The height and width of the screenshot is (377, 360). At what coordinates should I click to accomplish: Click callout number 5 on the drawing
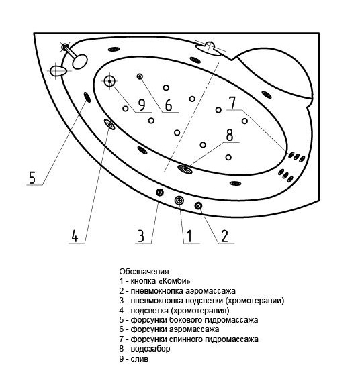[x=32, y=178]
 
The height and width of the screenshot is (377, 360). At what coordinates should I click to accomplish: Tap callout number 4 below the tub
[x=75, y=236]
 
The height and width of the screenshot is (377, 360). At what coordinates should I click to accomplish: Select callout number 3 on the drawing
[x=141, y=236]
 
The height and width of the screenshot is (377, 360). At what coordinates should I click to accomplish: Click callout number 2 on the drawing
[x=224, y=236]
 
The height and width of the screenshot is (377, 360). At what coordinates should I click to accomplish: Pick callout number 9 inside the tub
[x=142, y=105]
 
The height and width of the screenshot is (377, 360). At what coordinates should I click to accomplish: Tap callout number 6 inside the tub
[x=169, y=105]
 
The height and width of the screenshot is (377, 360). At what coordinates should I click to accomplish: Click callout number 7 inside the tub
[x=232, y=103]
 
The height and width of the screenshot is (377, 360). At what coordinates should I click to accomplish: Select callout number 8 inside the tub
[x=230, y=135]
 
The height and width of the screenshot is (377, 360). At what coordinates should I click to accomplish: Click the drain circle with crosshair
[x=109, y=81]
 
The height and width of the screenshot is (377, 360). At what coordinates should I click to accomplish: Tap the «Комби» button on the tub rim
[x=179, y=200]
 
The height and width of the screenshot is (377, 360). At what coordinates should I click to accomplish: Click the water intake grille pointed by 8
[x=185, y=169]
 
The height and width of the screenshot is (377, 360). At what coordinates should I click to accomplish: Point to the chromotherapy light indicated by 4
[x=109, y=124]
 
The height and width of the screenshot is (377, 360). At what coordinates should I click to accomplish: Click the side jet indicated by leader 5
[x=87, y=97]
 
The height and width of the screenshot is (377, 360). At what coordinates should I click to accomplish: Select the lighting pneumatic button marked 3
[x=160, y=192]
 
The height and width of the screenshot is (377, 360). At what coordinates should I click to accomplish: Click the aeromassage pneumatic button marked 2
[x=198, y=205]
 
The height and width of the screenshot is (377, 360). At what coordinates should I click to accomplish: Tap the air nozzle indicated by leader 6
[x=140, y=76]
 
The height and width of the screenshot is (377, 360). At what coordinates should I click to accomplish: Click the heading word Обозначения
[x=145, y=272]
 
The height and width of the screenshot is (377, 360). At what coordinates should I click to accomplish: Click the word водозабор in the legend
[x=150, y=349]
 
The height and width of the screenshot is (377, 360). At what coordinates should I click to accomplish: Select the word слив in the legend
[x=140, y=358]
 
